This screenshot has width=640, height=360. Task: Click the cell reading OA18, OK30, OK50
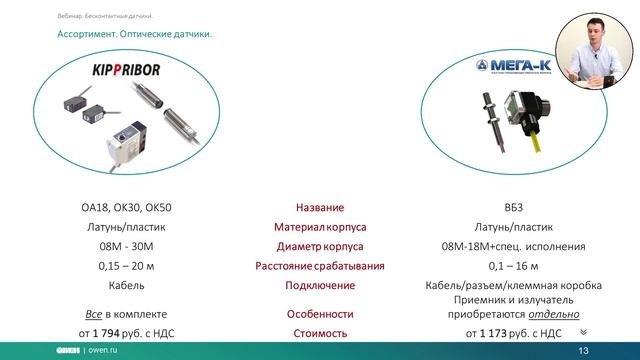tap(126, 208)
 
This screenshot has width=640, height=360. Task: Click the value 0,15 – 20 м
tap(126, 266)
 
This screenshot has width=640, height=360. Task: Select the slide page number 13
tap(585, 352)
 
